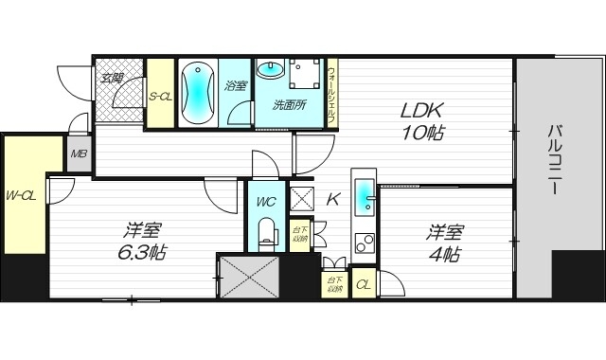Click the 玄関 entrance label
coord(114,78)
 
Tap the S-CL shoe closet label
coord(160,96)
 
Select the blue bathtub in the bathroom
coord(198,92)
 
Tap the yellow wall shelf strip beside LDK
coord(331,92)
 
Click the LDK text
coord(419,109)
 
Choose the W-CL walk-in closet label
coord(22,195)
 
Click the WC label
coord(265,200)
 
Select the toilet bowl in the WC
coord(266,231)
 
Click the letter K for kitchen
coord(331,200)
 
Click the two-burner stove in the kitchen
coord(364,242)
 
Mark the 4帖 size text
coord(443,254)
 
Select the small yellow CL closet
coord(363,282)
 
